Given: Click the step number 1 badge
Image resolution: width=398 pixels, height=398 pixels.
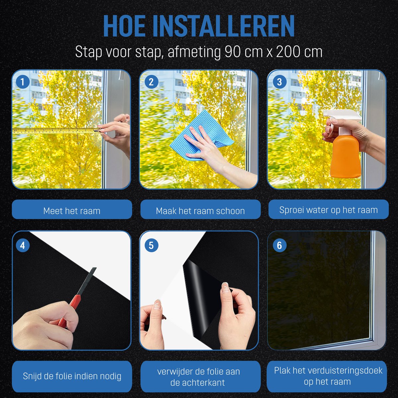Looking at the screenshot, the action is [x=23, y=82].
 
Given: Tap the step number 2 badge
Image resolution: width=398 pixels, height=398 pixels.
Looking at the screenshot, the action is [x=151, y=82].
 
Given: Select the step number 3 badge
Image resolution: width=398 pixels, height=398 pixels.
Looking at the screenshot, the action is [x=279, y=82].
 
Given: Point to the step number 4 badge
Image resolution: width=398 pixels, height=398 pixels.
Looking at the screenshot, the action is [x=23, y=245].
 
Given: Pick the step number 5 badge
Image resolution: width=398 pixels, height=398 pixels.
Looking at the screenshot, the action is [x=151, y=245].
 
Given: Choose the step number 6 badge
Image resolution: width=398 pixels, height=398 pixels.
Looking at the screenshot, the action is [x=279, y=245].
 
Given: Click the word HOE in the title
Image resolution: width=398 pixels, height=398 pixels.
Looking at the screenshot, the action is [x=124, y=26].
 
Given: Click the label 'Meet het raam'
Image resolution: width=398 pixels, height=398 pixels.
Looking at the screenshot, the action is [x=72, y=211].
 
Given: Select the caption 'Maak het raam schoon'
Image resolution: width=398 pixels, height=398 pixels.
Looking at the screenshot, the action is [x=200, y=211].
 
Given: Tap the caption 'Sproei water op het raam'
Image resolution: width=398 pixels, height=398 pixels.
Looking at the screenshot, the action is [x=329, y=210].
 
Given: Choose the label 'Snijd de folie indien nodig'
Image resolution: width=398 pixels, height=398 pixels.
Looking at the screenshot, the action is [x=72, y=376].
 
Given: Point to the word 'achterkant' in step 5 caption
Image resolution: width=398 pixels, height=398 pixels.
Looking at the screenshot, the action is [x=208, y=382].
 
